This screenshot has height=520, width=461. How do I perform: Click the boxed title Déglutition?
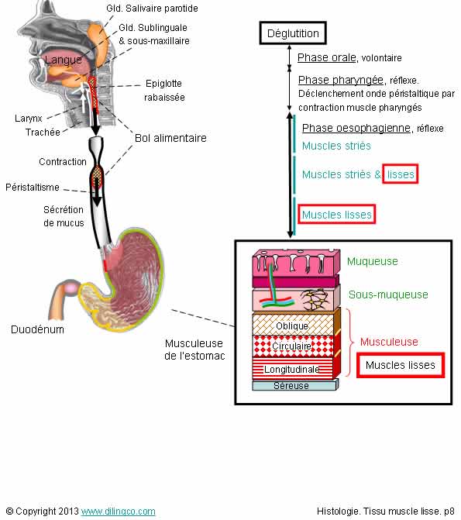click(293, 33)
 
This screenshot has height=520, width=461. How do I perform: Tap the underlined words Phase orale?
click(327, 57)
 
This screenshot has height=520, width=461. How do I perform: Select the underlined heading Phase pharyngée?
click(341, 81)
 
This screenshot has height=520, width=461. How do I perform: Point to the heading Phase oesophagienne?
click(356, 128)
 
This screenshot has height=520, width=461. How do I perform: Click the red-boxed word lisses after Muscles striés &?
click(401, 174)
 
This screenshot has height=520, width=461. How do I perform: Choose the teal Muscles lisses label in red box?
click(336, 215)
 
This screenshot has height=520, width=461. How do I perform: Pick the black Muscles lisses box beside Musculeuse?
click(401, 365)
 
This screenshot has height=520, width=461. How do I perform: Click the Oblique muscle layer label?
click(292, 326)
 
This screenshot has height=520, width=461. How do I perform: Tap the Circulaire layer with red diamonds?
click(292, 346)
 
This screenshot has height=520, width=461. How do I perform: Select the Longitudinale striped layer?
click(292, 369)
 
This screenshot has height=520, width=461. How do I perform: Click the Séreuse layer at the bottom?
click(291, 386)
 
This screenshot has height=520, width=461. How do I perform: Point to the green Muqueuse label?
click(373, 262)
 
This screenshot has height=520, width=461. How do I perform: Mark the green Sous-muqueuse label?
click(388, 294)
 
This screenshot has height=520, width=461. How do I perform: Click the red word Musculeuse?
click(389, 342)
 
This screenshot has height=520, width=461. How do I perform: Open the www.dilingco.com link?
click(118, 511)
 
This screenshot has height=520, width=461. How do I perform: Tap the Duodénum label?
click(37, 329)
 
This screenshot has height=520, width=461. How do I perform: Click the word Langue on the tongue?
click(63, 60)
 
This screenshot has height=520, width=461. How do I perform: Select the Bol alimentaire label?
click(170, 138)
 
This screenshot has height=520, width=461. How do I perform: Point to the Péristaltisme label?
click(33, 188)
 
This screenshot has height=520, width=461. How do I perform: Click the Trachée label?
click(43, 133)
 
